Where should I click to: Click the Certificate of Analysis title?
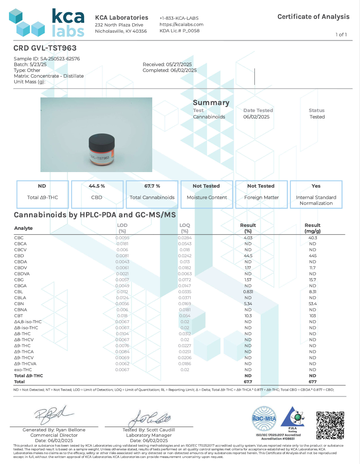[x=313, y=17]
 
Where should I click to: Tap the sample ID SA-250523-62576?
[x=60, y=59]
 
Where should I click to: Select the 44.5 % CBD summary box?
[x=97, y=194]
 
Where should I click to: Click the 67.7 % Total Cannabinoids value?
[x=152, y=186]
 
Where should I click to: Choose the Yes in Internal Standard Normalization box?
[x=316, y=186]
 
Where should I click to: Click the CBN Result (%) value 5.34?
[x=248, y=304]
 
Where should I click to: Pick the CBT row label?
[x=19, y=316]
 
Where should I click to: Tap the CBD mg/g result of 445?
[x=313, y=256]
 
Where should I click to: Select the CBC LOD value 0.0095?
[x=122, y=238]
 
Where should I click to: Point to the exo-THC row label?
[x=23, y=370]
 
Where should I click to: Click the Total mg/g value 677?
[x=313, y=382]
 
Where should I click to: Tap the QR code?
[x=330, y=425]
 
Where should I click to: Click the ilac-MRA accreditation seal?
[x=264, y=418]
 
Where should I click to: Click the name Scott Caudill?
[x=161, y=430]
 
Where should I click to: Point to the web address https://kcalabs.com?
[x=181, y=25]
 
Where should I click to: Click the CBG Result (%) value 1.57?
[x=248, y=280]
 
